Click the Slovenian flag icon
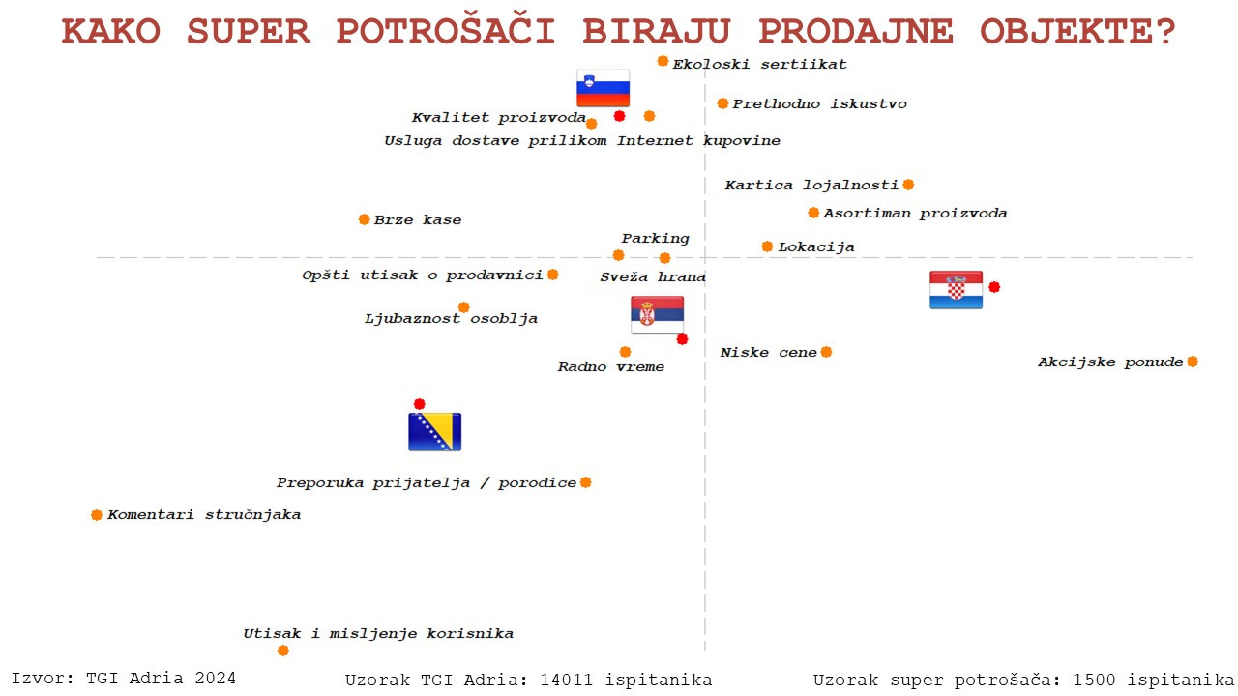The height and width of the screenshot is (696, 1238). pyautogui.click(x=603, y=88)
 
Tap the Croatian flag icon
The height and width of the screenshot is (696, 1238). pyautogui.click(x=957, y=289)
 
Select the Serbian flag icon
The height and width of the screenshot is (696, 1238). pyautogui.click(x=657, y=315)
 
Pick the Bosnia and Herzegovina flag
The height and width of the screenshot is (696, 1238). pyautogui.click(x=435, y=432)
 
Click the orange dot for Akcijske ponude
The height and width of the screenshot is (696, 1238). pyautogui.click(x=1193, y=362)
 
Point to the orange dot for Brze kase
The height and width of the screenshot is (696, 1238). pyautogui.click(x=365, y=219)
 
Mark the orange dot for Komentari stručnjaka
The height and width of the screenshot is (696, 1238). pyautogui.click(x=97, y=515)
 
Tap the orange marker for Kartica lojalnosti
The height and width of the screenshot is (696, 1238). pyautogui.click(x=908, y=185)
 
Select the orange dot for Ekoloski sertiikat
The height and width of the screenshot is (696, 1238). pyautogui.click(x=663, y=61)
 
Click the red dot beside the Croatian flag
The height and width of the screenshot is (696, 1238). pyautogui.click(x=994, y=287)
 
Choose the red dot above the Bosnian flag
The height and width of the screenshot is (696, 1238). pyautogui.click(x=420, y=404)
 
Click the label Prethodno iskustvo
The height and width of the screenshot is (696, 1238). pyautogui.click(x=819, y=103)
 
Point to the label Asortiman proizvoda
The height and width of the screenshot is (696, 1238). pyautogui.click(x=915, y=214)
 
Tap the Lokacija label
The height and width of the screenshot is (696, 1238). pyautogui.click(x=816, y=246)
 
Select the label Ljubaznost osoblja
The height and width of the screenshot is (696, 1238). pyautogui.click(x=451, y=319)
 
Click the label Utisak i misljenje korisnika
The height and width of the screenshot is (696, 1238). pyautogui.click(x=378, y=633)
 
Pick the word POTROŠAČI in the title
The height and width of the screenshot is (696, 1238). pyautogui.click(x=446, y=31)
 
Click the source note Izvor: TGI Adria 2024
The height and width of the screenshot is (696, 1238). pyautogui.click(x=124, y=679)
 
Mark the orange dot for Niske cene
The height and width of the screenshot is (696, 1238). pyautogui.click(x=826, y=353)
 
